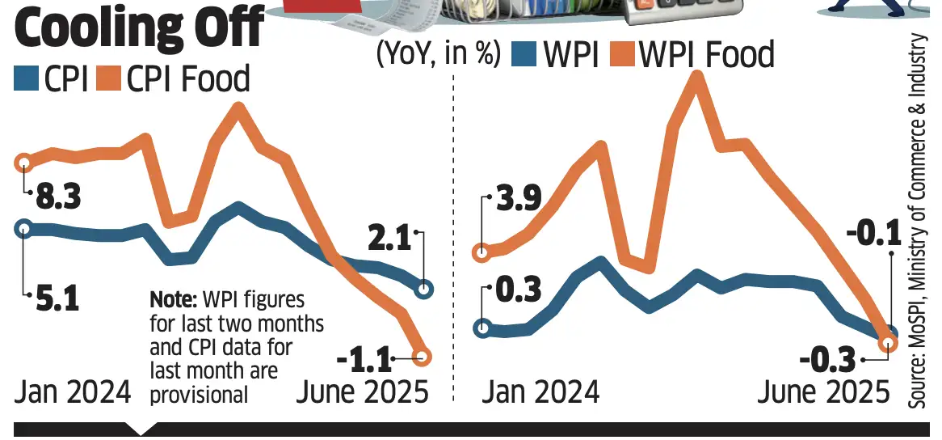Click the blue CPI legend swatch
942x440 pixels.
[x=26, y=79]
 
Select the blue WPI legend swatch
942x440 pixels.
[x=527, y=55]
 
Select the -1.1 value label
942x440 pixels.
[x=362, y=356]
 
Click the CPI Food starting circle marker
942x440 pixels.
[x=24, y=163]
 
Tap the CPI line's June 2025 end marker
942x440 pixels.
[x=424, y=289]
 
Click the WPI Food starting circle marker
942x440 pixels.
[x=482, y=252]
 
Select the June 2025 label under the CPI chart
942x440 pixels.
[x=363, y=392]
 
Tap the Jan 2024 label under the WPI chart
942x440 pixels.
[x=540, y=392]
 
